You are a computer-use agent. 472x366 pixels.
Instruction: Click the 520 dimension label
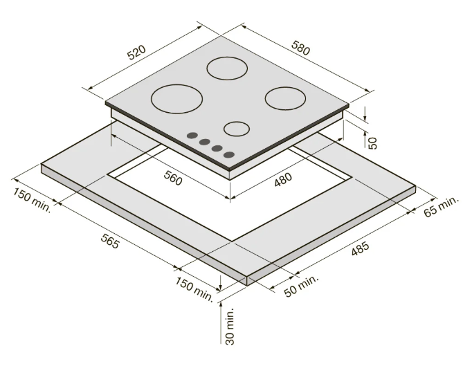[x=136, y=53]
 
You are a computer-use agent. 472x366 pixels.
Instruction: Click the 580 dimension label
[x=300, y=48]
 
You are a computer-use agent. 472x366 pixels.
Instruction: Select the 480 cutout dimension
[x=283, y=179]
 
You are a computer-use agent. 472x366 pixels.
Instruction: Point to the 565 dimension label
[x=109, y=241]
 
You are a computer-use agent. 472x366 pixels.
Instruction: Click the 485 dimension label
[x=360, y=248]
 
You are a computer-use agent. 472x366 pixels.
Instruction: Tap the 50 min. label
[x=301, y=286]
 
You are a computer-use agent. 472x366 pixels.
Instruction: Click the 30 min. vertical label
[x=230, y=326]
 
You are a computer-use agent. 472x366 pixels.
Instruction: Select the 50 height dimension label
[x=372, y=143]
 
